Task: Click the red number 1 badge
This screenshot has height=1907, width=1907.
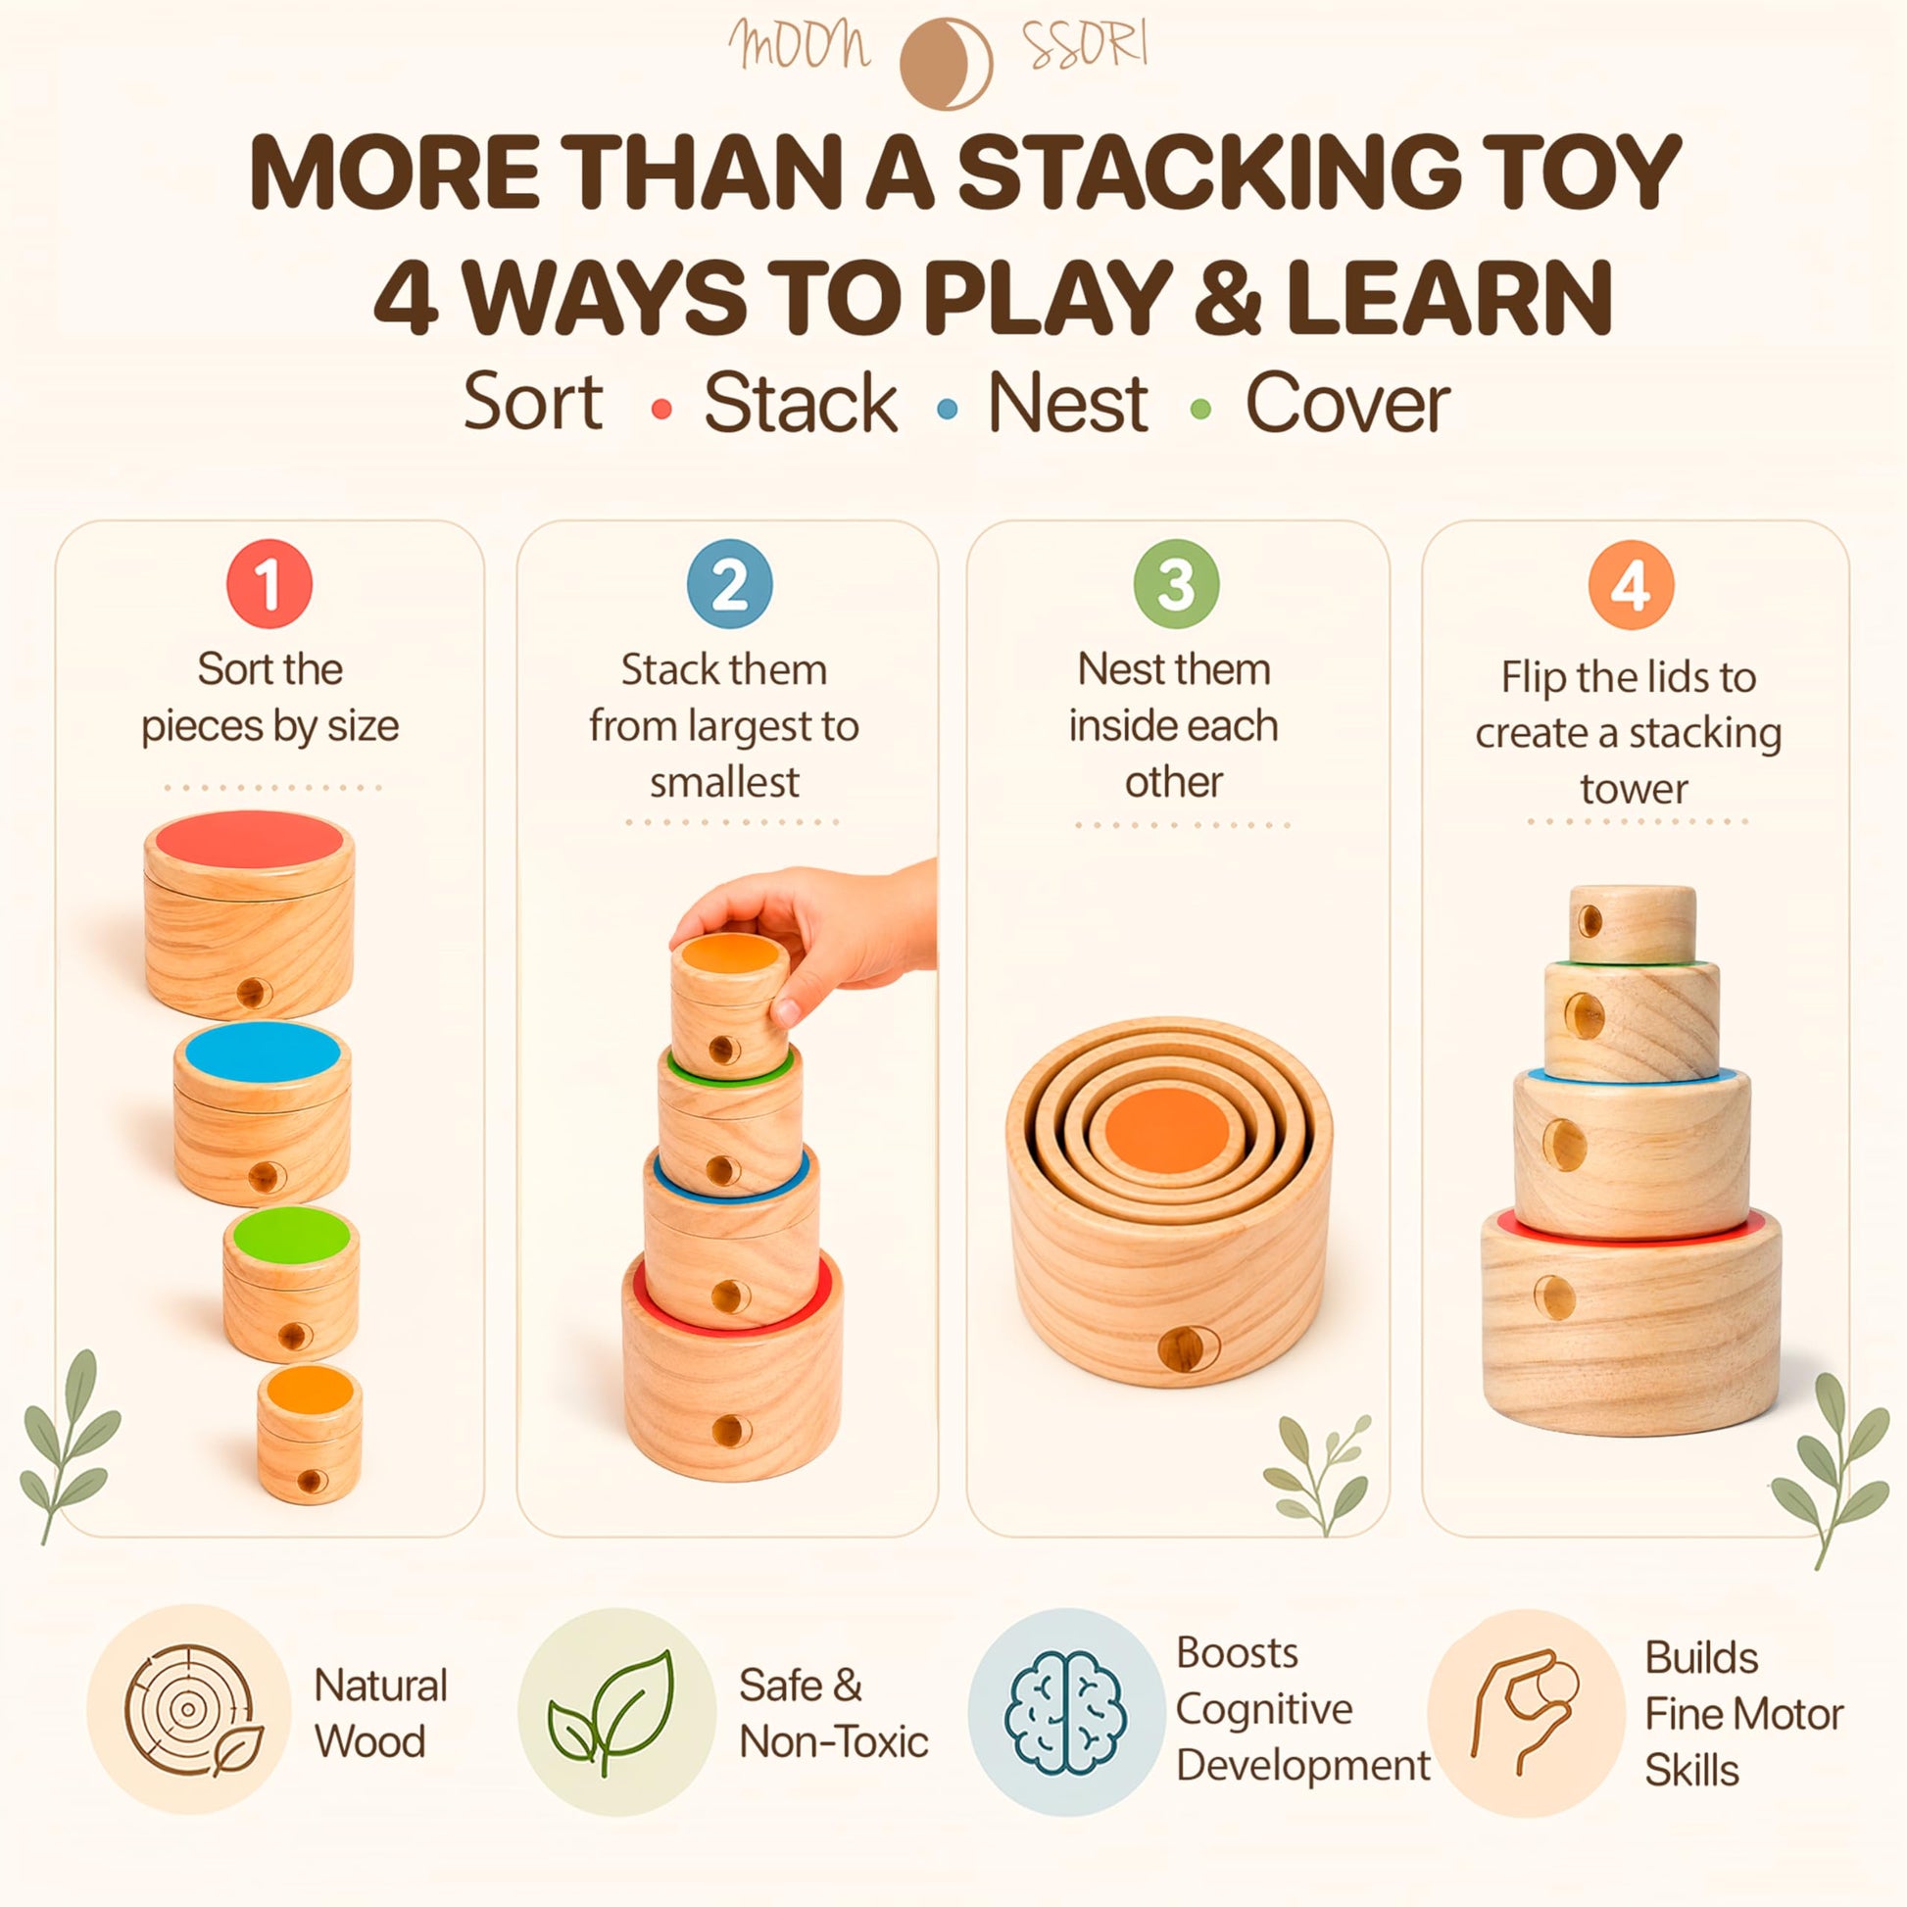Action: pos(269,584)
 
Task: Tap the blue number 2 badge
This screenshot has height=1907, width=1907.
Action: pos(729,584)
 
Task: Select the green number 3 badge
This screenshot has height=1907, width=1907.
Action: pos(1176,584)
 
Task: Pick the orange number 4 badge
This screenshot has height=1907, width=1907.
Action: pos(1631,585)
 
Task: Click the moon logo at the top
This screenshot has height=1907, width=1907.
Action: pos(945,63)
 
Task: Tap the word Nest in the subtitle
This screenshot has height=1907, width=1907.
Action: pos(1068,404)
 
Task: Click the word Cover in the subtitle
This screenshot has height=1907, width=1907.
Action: pos(1347,404)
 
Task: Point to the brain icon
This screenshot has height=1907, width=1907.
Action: pos(1063,1714)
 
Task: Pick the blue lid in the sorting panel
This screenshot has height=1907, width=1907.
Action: pos(263,1051)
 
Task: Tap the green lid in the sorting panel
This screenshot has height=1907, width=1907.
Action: pos(291,1234)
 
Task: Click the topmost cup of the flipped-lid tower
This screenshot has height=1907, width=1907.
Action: pos(1633,924)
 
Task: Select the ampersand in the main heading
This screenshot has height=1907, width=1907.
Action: pos(1229,297)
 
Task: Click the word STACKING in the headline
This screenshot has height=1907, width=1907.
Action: pos(1209,171)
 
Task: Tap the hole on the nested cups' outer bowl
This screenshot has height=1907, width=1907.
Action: pos(1189,1347)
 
